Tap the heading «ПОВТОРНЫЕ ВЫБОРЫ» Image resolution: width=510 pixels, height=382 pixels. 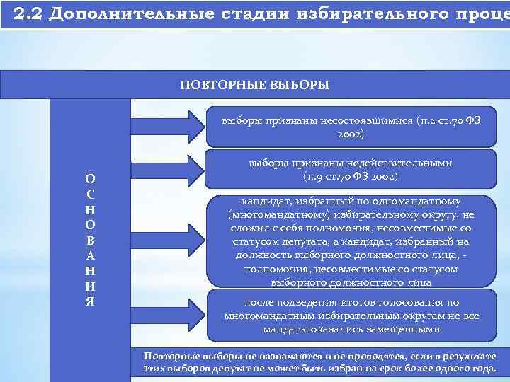click(254, 85)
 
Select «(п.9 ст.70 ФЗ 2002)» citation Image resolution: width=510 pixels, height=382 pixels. click(350, 175)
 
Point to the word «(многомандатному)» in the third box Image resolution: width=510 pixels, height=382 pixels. click(267, 214)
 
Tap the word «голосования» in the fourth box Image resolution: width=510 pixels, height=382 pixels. click(412, 302)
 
